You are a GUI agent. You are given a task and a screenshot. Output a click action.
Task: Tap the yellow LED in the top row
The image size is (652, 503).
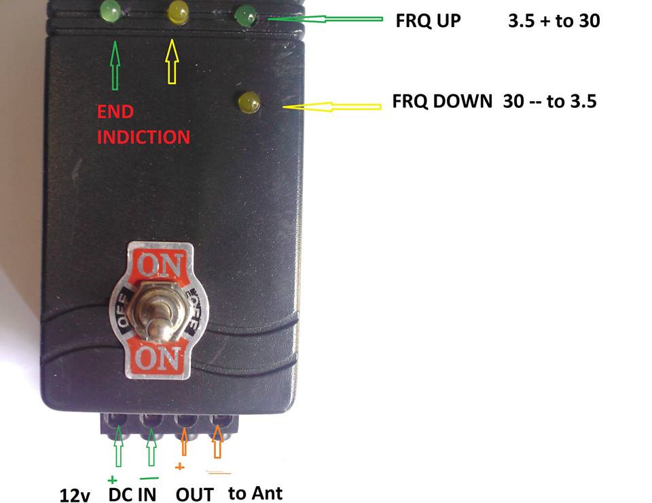179,11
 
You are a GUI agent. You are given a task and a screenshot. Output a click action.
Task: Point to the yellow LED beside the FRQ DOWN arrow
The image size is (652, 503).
249,102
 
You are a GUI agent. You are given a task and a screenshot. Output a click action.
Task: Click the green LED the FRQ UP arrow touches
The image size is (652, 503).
245,15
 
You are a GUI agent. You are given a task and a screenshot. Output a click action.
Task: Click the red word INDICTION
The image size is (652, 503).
143,137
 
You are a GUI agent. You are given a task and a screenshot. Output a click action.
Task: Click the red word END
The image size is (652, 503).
115,112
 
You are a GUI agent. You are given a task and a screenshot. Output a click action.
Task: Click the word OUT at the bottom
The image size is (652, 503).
194,494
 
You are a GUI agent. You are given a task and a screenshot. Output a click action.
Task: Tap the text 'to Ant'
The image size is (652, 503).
255,493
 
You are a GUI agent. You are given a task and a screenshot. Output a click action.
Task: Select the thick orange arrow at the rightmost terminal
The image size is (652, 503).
218,442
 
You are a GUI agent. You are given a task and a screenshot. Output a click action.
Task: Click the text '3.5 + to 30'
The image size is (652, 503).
554,21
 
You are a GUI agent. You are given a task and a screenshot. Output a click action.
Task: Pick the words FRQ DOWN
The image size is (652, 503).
441,102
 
